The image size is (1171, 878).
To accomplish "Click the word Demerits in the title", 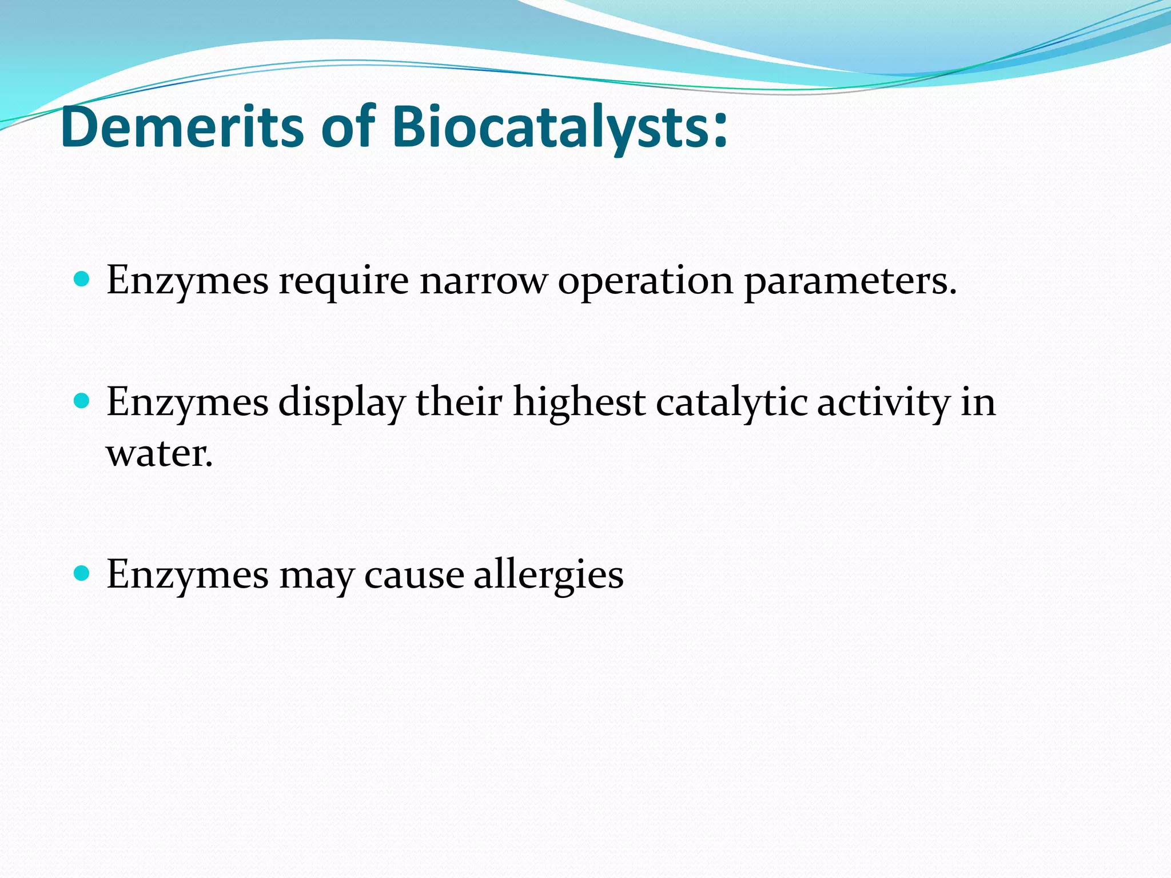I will click(x=182, y=127).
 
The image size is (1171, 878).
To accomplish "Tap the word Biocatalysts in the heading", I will click(x=549, y=127).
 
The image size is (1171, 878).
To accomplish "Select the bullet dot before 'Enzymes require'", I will click(x=82, y=280).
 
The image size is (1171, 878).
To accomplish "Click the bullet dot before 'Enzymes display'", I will click(x=82, y=401).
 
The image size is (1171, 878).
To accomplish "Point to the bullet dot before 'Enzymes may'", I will click(x=82, y=573).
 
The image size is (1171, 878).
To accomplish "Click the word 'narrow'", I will click(x=483, y=281).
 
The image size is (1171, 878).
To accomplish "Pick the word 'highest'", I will click(x=579, y=402).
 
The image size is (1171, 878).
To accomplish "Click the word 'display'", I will click(x=342, y=402).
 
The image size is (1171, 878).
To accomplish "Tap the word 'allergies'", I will click(x=548, y=574).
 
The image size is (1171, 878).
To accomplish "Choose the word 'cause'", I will click(x=414, y=574).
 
